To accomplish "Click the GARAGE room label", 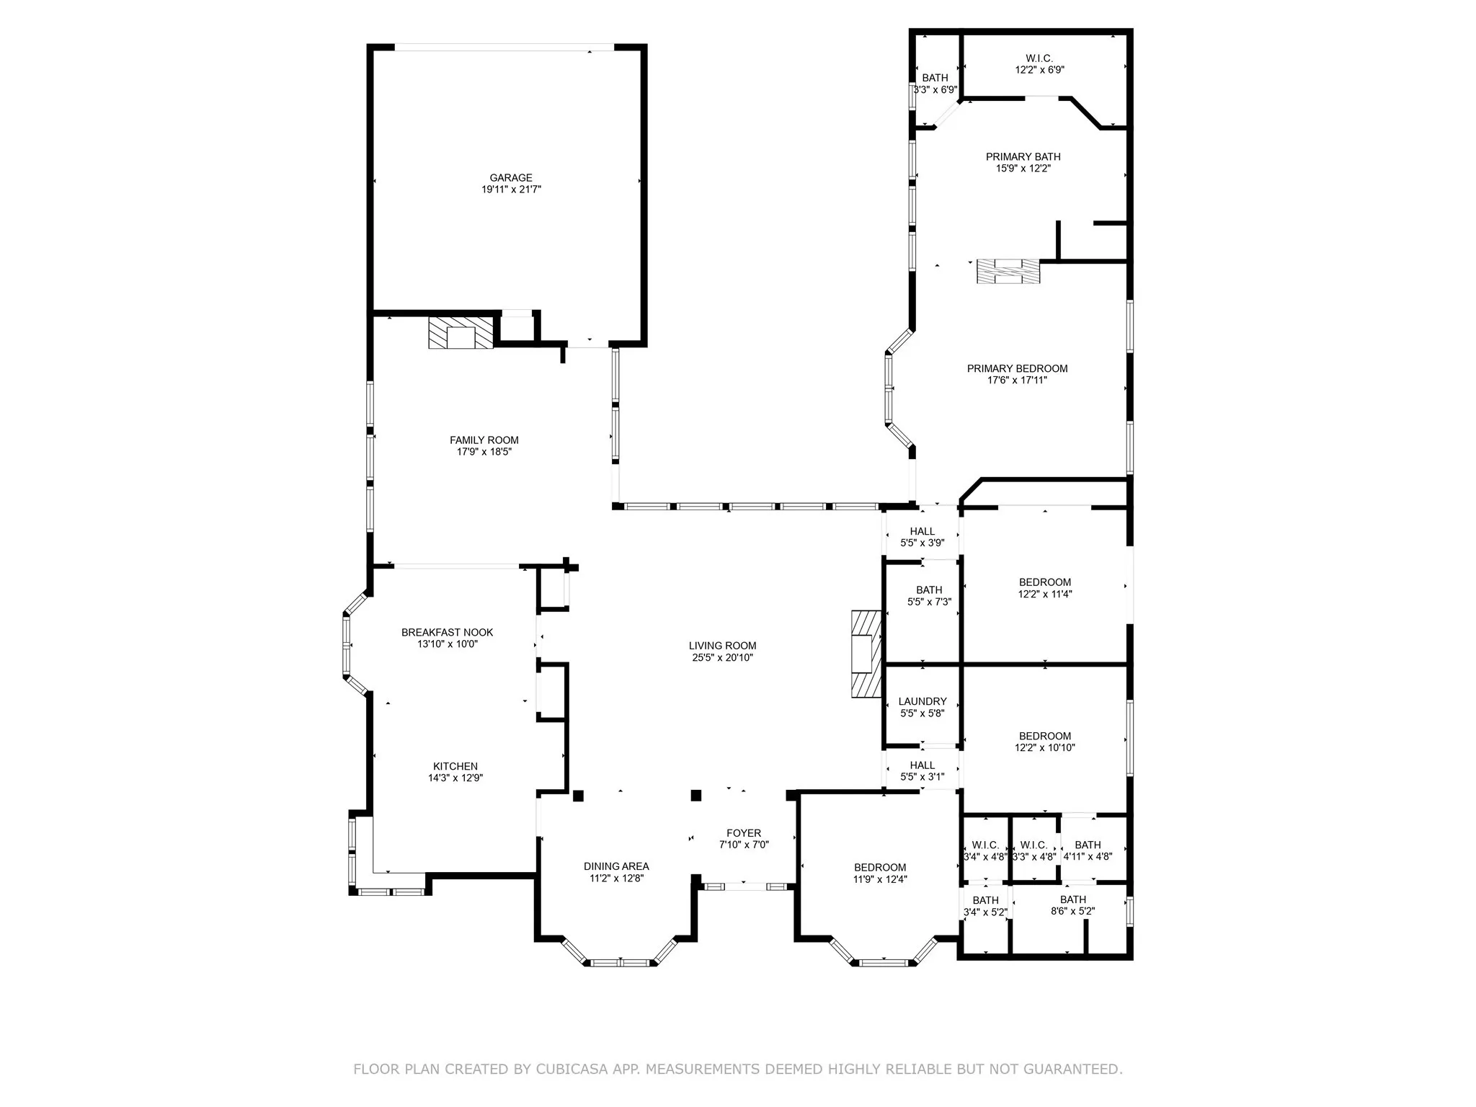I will coord(510,177).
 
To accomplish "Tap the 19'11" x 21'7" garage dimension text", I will coord(510,190).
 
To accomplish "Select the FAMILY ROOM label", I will coord(484,440).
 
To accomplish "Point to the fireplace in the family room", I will coord(461,333).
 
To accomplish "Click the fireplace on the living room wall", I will coord(866,654).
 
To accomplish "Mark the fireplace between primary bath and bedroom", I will coord(1008,272).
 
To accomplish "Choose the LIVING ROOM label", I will coord(722,646).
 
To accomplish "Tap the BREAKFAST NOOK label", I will coord(447,632).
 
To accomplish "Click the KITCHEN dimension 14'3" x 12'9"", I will coord(455,778).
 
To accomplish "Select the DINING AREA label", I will coord(616,866).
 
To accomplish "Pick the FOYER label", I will coord(744,833).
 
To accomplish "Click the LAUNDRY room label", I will coord(922,701).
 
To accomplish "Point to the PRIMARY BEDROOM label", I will coord(1017,368).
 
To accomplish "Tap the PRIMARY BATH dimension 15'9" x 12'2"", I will coord(1023,169).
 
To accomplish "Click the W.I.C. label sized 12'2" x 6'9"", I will coord(1039,58).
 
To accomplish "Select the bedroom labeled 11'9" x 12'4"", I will coord(880,867).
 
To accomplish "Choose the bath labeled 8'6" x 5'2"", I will coord(1072,899).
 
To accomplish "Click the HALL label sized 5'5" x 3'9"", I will coord(922,531).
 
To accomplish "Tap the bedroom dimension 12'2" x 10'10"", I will coord(1044,748).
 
